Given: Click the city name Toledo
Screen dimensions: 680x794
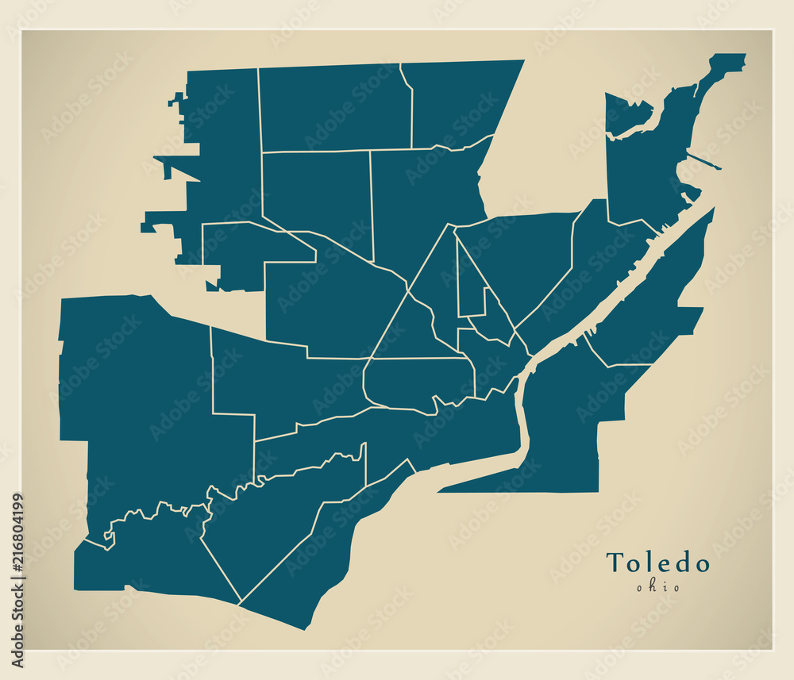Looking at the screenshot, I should tap(657, 563).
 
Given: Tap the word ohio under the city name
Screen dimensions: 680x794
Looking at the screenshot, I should tap(657, 587).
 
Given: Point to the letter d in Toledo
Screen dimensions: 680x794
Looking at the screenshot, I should tap(680, 563).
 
